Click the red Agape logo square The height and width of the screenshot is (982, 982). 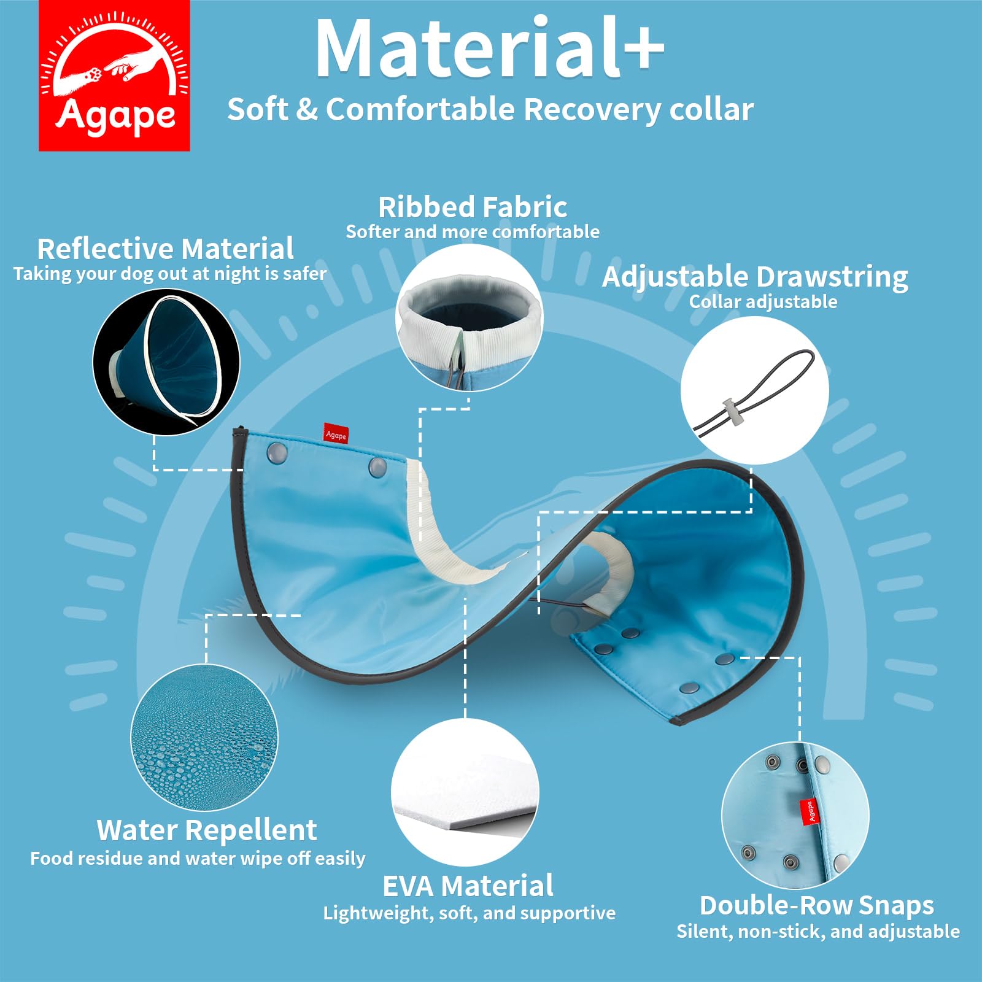coord(114,75)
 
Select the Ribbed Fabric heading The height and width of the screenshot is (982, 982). coord(473,207)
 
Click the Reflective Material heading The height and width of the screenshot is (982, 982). coord(165,249)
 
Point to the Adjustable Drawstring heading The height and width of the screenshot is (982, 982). coord(755,277)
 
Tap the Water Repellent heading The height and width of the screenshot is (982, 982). coord(207,830)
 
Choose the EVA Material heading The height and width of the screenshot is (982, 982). coord(468,886)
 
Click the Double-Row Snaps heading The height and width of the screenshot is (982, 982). coord(817,905)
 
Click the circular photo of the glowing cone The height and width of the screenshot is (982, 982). coord(166,362)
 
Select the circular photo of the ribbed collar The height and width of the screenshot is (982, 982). coord(470,318)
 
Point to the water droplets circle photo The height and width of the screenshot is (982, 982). coord(204,737)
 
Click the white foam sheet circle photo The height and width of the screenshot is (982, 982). coord(465,792)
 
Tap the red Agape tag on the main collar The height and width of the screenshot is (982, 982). coord(336,434)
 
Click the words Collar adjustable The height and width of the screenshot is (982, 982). coord(763,302)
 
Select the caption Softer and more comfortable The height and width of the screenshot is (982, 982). coord(473,232)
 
